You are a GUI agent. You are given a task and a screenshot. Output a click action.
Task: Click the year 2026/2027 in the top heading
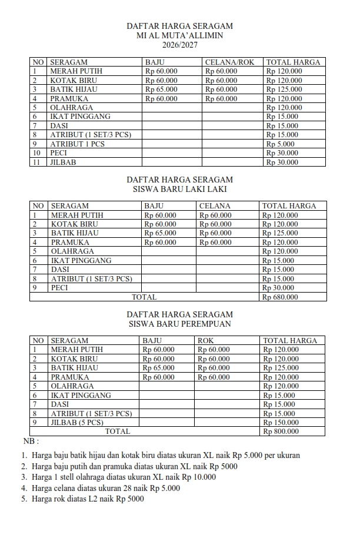point(179,44)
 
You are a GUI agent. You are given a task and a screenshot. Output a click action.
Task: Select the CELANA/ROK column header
point(229,62)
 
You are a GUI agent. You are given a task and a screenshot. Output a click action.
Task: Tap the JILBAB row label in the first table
point(63,162)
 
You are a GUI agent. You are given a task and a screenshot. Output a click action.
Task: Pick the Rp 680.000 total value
point(280,297)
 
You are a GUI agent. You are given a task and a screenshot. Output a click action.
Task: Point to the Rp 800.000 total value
point(281,431)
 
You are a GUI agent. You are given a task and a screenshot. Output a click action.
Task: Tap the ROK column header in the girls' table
point(206,340)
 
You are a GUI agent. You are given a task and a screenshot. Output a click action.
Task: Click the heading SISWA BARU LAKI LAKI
point(179,189)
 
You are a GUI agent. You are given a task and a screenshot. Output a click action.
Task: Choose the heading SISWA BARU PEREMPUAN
point(179,324)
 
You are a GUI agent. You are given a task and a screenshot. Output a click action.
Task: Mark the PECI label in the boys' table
point(59,288)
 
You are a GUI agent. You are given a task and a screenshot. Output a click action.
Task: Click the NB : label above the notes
point(31,441)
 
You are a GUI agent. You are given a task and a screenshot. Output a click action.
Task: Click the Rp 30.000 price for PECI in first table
point(282,152)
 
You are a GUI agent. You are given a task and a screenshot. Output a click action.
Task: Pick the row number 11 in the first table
point(38,162)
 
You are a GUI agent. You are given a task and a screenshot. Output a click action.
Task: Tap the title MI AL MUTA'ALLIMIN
point(179,35)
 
